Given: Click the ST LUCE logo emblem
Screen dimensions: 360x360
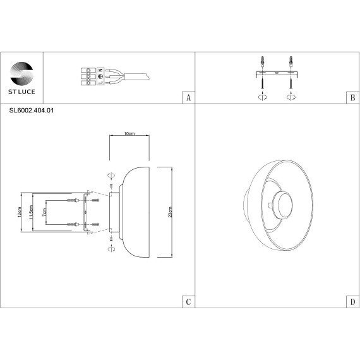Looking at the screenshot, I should [x=21, y=71].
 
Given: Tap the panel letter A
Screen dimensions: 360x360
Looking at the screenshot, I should [x=188, y=98].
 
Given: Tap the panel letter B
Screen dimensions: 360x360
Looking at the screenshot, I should [x=352, y=98].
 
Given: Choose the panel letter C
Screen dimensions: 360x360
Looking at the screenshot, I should [x=188, y=301].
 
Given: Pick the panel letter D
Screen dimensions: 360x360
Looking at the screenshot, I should [x=352, y=301].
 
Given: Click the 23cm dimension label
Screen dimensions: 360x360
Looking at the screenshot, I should [x=170, y=212].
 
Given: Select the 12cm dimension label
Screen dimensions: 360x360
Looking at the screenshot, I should [x=20, y=212].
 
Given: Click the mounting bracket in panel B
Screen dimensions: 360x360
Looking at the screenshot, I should [x=277, y=75].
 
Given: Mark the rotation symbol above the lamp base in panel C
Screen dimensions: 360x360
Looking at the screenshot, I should [x=110, y=175].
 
